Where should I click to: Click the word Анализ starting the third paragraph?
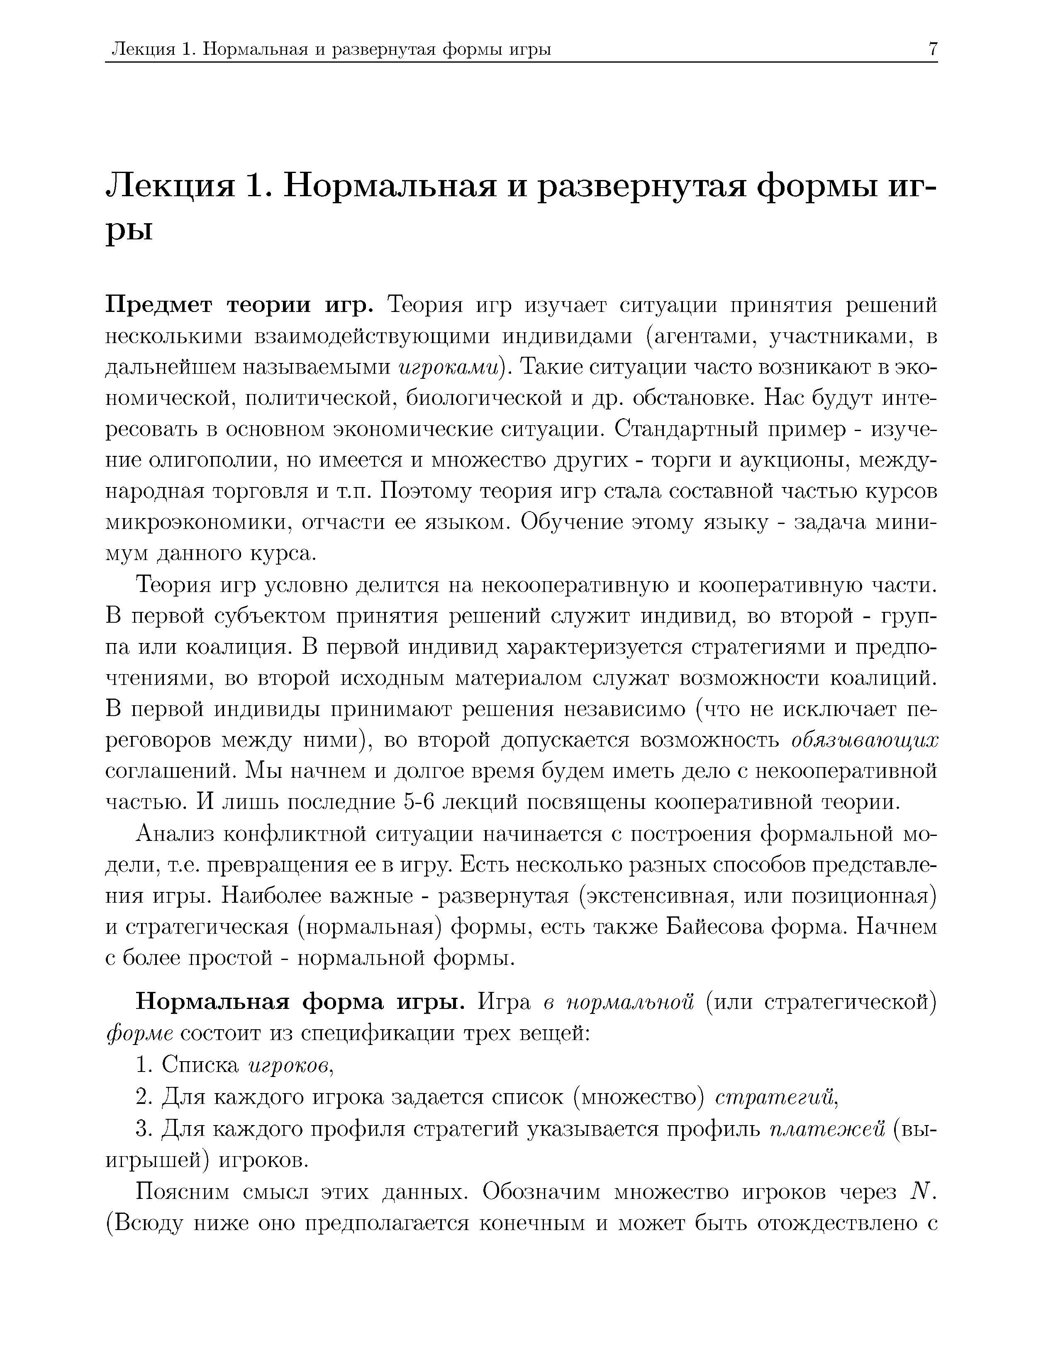[x=175, y=834]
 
